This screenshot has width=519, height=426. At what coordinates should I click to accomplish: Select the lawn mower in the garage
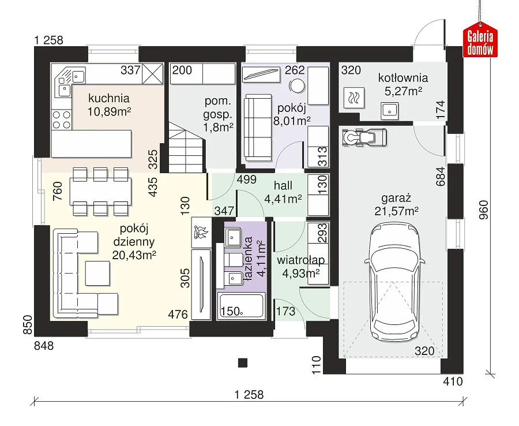[364, 136]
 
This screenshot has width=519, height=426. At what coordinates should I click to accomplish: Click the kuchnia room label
[109, 98]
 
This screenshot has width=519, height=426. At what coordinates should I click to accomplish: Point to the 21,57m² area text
[396, 211]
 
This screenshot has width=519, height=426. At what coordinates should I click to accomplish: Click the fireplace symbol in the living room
[201, 232]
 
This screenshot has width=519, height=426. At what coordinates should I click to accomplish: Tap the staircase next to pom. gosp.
[186, 147]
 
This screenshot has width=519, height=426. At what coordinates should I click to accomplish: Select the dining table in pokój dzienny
[100, 192]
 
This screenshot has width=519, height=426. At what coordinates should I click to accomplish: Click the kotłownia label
[403, 78]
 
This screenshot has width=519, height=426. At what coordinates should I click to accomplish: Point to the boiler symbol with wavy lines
[354, 98]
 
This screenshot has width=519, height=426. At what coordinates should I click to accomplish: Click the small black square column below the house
[243, 363]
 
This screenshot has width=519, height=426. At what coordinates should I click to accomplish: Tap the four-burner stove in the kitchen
[62, 119]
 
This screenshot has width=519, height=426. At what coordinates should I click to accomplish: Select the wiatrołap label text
[300, 260]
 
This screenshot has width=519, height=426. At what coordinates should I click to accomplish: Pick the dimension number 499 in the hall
[247, 179]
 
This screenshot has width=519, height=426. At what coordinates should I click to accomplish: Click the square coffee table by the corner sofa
[97, 273]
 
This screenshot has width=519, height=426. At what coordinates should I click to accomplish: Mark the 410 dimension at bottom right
[453, 382]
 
